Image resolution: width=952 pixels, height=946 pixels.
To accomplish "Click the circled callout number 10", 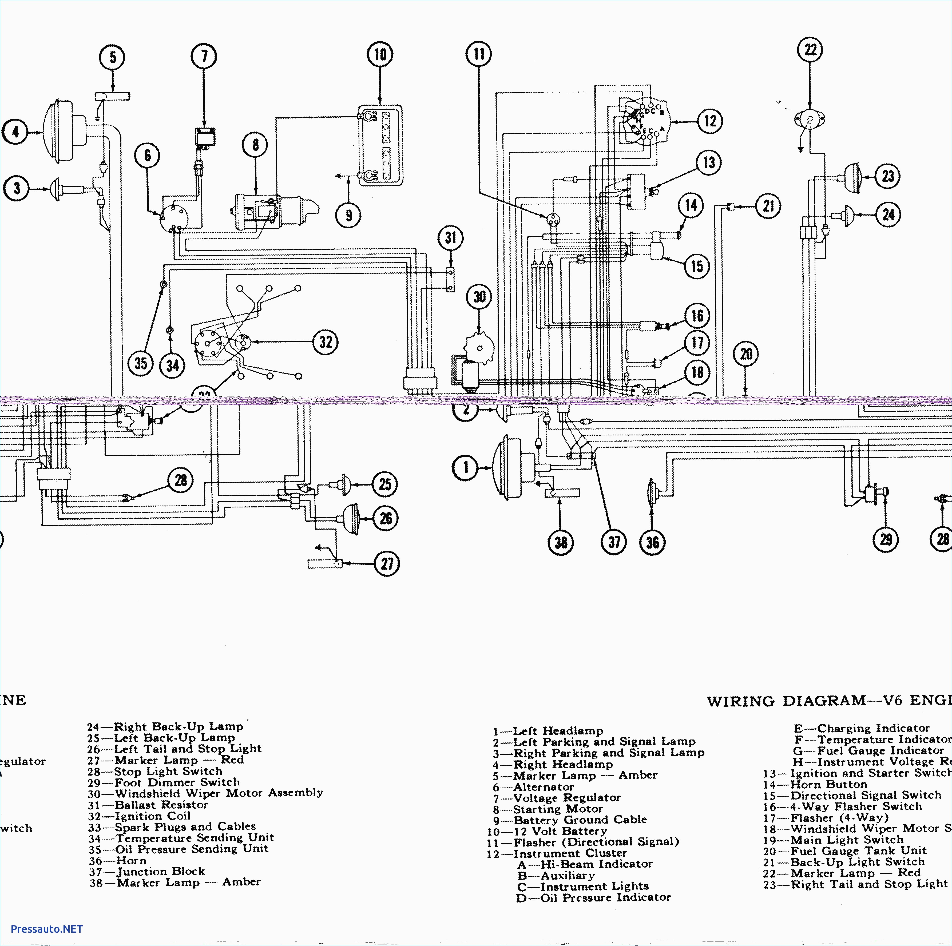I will [380, 54].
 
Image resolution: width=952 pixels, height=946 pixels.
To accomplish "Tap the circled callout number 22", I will [810, 50].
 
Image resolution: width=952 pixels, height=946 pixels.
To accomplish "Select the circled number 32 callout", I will [326, 342].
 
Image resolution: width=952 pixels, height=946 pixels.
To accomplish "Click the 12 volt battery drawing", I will [379, 146].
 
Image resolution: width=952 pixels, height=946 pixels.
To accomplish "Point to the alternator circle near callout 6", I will [174, 217].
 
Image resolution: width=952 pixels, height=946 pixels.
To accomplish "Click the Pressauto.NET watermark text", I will [46, 929].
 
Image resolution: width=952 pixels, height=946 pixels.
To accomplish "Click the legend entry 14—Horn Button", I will [815, 784].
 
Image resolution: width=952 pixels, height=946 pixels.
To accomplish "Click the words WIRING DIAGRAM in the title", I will [786, 701].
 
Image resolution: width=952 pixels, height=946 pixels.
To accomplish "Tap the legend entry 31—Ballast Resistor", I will [148, 805].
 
